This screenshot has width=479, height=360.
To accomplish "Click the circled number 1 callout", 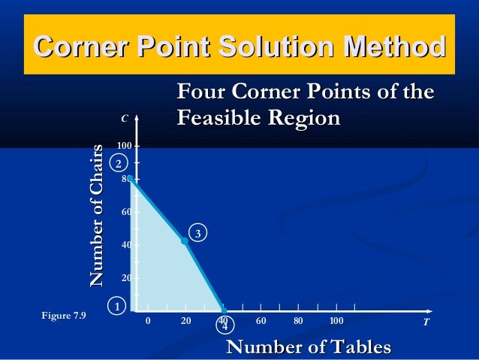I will coord(117,306).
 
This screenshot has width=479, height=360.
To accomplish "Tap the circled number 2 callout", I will coord(118,163).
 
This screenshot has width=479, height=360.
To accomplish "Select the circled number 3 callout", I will coord(197,234).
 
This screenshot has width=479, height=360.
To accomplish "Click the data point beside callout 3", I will coord(185,241).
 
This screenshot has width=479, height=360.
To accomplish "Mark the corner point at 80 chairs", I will coord(130,179).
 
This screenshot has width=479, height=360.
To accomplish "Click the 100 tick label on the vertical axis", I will coord(124,145).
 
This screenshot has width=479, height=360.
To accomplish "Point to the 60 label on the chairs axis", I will coord(126,212).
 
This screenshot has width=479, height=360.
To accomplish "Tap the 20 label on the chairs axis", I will coord(126,278).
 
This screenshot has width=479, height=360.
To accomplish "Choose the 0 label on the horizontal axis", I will coord(148,322).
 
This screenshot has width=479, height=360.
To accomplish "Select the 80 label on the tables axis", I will coord(298,322).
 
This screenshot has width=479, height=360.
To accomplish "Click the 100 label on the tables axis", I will coord(336,322).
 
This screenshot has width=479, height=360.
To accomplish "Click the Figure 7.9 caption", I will coord(64,315).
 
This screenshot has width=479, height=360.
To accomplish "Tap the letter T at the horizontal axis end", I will coord(426,322).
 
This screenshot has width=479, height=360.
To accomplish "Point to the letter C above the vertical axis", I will coord(125,118).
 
